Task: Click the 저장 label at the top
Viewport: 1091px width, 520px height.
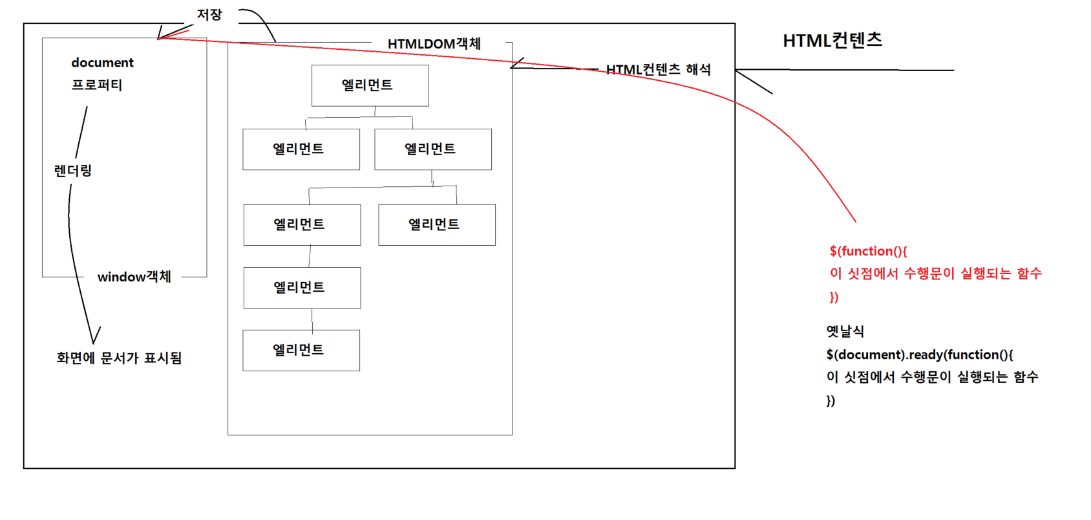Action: (x=209, y=15)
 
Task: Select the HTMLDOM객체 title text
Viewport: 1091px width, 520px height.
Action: (x=434, y=44)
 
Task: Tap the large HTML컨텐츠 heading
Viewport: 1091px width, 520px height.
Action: (x=832, y=41)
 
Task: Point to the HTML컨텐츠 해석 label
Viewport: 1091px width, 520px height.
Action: (x=658, y=70)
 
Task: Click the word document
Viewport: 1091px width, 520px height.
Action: (x=102, y=63)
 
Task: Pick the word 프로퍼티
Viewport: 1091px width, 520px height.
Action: (x=96, y=85)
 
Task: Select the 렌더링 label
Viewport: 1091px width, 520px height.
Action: (x=72, y=171)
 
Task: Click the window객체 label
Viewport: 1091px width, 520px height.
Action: (x=134, y=277)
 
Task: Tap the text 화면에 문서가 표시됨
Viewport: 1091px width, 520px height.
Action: (x=119, y=358)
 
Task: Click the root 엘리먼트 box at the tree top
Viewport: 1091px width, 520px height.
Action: (x=370, y=85)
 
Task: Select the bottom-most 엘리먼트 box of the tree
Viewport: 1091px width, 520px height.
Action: (x=301, y=351)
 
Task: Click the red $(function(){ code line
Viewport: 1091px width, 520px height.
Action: (x=868, y=251)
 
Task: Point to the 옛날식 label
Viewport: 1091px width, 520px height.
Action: (x=845, y=332)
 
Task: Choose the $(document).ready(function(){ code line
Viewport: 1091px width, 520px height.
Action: (x=919, y=354)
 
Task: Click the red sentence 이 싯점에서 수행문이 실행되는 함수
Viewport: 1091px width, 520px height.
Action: (x=935, y=274)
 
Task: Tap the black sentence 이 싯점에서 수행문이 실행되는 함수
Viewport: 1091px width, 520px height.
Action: (x=932, y=377)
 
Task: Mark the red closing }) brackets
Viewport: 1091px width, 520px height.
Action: (x=834, y=298)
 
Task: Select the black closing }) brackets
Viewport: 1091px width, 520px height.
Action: (x=831, y=401)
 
